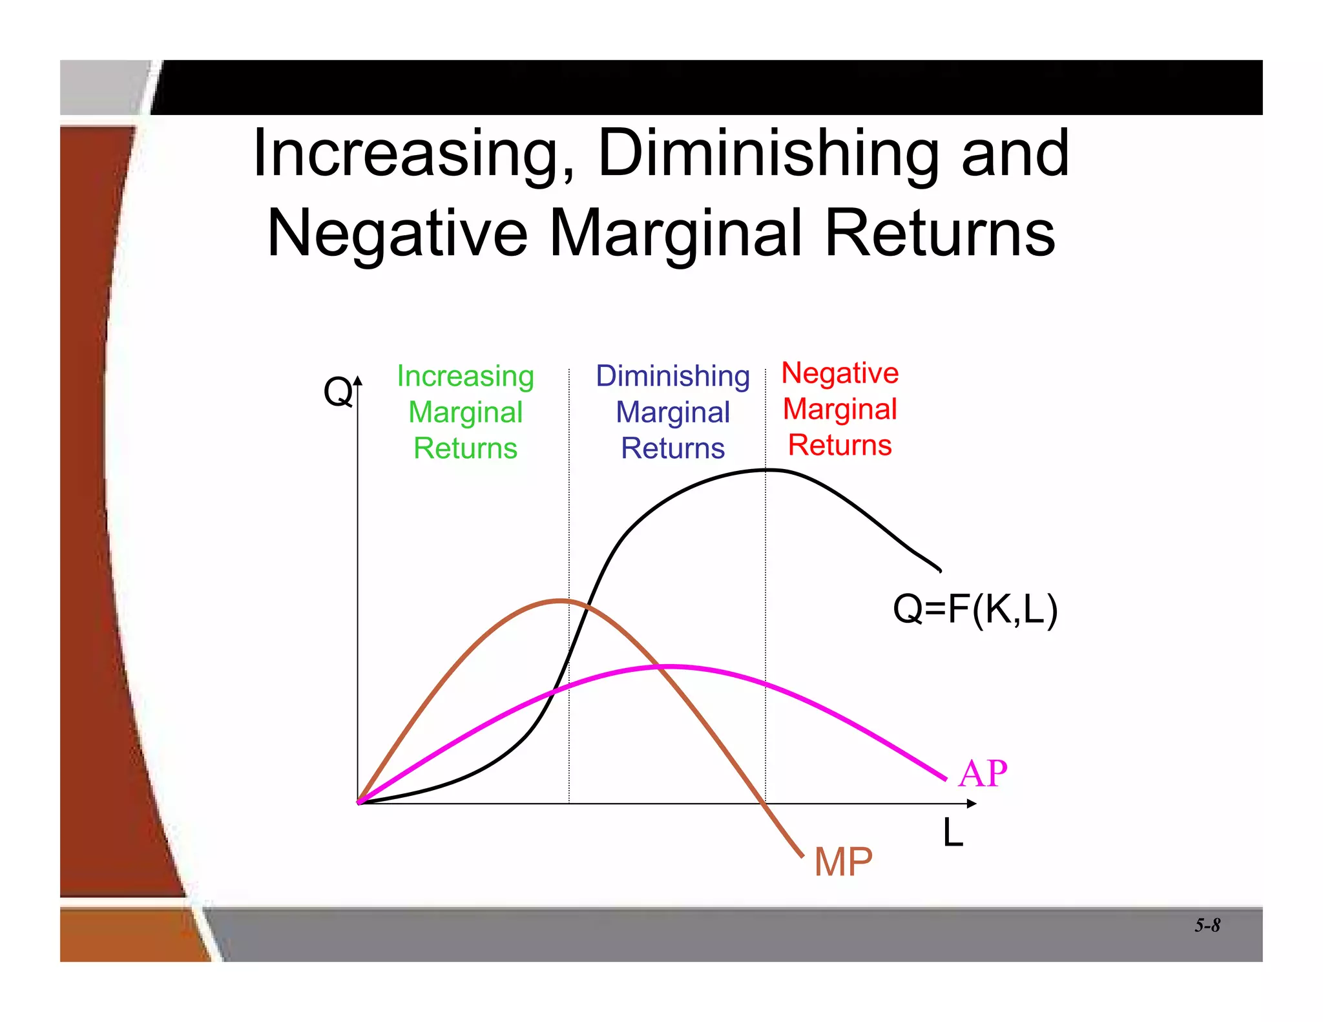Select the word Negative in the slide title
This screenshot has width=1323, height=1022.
point(397,234)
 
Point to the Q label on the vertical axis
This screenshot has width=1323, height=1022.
point(338,391)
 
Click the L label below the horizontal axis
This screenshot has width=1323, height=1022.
point(953,833)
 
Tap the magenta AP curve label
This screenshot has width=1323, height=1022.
point(983,773)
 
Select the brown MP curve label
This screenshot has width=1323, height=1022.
point(843,862)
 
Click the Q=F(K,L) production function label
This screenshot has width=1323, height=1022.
point(975,609)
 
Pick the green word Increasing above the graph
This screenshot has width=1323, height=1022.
point(465,376)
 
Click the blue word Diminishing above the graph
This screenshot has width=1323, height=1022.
point(672,376)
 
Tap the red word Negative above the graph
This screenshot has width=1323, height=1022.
point(840,373)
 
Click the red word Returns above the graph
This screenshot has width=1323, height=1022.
point(840,445)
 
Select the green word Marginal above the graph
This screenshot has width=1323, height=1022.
point(465,412)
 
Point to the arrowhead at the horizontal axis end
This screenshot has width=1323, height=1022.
point(972,804)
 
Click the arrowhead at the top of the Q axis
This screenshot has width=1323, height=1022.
point(358,381)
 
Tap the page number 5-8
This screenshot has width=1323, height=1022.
point(1207,926)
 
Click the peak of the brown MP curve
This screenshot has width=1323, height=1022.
point(559,601)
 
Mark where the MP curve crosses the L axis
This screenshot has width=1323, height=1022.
point(765,804)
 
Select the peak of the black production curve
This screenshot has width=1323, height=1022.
point(767,470)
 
